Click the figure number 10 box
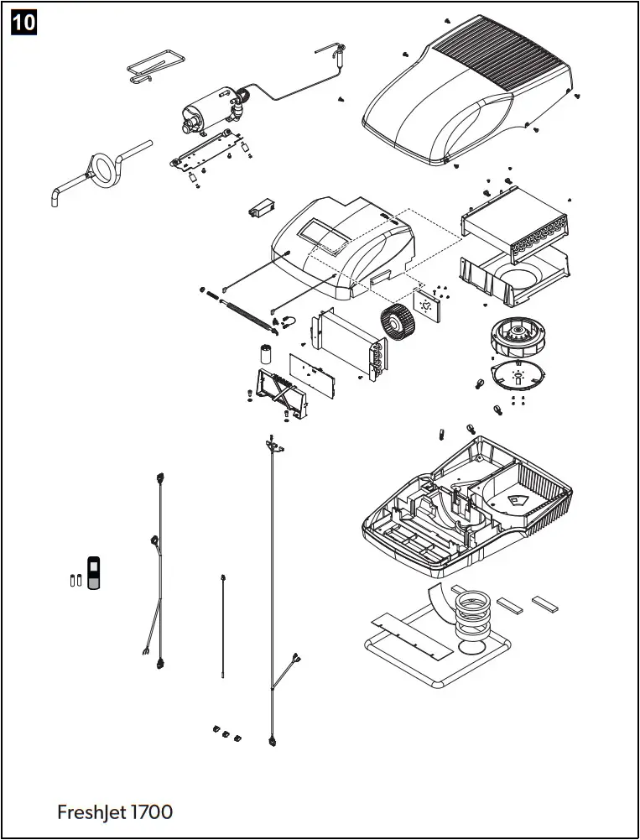pos(23,22)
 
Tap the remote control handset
pos(95,571)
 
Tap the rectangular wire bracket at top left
pos(153,66)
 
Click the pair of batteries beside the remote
pos(74,579)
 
